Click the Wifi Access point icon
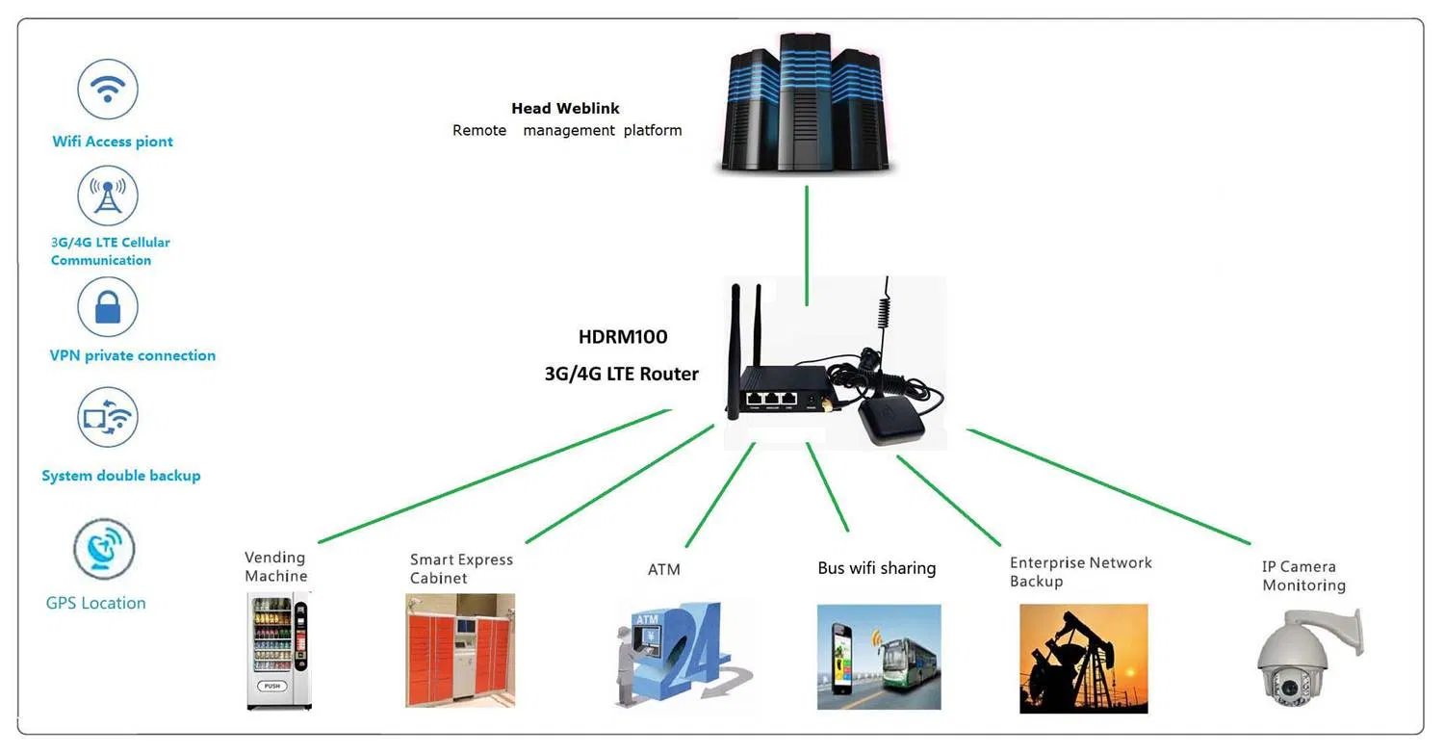coord(108,89)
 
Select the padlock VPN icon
coord(108,307)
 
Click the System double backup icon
coord(108,417)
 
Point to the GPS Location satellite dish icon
coord(104,549)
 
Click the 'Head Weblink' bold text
coord(565,109)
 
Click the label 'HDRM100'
coord(623,337)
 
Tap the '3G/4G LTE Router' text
coord(622,374)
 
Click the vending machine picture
coord(278,650)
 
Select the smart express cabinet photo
coord(460,650)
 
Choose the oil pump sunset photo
coord(1083,658)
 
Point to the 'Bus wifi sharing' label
coord(876,568)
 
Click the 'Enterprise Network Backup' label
coord(1080,572)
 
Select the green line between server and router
coord(807,231)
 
